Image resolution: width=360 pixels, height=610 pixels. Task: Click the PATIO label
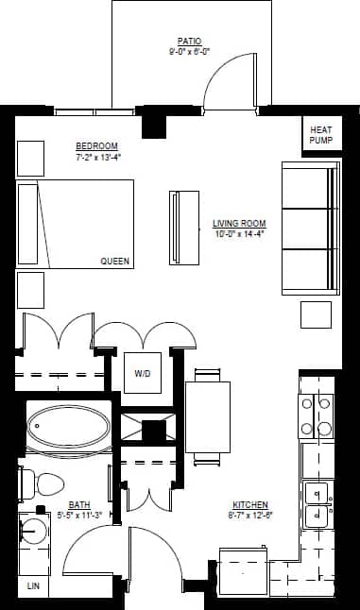pyautogui.click(x=188, y=42)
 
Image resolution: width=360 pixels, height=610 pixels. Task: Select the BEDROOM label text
pyautogui.click(x=96, y=145)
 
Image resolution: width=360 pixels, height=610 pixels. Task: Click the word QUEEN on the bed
pyautogui.click(x=115, y=261)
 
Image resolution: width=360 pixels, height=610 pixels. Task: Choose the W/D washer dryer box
pyautogui.click(x=143, y=374)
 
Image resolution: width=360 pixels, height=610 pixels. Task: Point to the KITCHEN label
pyautogui.click(x=249, y=505)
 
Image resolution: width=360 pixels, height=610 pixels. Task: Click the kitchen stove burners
pyautogui.click(x=317, y=416)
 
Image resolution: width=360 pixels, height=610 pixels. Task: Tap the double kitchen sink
pyautogui.click(x=317, y=504)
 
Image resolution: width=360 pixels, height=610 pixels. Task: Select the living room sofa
pyautogui.click(x=310, y=228)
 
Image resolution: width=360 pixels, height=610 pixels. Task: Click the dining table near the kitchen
pyautogui.click(x=208, y=416)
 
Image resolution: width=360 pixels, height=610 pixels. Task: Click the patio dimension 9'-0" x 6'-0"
pyautogui.click(x=188, y=53)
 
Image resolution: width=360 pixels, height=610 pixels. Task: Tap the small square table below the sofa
pyautogui.click(x=317, y=314)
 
